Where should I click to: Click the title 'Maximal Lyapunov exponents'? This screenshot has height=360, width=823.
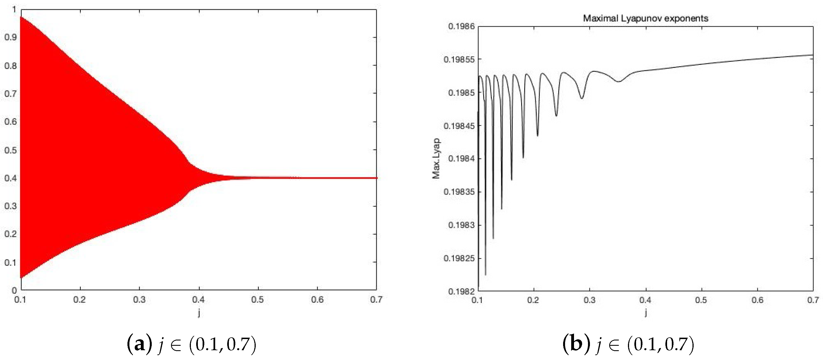point(645,18)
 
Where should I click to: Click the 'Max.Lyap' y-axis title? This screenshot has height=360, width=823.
point(436,158)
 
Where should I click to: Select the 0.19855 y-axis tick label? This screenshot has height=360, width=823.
point(459,60)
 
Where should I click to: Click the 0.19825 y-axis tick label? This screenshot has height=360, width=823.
point(459,258)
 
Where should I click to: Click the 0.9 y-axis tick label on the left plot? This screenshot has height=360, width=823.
point(10,37)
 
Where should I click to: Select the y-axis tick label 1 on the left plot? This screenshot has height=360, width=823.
point(14,9)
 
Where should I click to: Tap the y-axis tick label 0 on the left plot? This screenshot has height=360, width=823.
point(14,290)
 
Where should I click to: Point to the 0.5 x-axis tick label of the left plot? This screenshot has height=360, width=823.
point(257,300)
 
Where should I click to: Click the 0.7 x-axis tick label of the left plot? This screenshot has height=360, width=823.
point(376,300)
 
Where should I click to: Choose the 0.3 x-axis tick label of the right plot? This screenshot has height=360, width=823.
point(589,300)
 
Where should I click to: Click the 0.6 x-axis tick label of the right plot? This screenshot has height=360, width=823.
point(757,300)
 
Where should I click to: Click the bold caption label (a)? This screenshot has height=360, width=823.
point(140,344)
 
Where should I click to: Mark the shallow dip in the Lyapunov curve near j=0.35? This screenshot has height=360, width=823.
point(618,82)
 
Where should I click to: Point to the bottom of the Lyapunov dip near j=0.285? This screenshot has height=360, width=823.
point(582,98)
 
